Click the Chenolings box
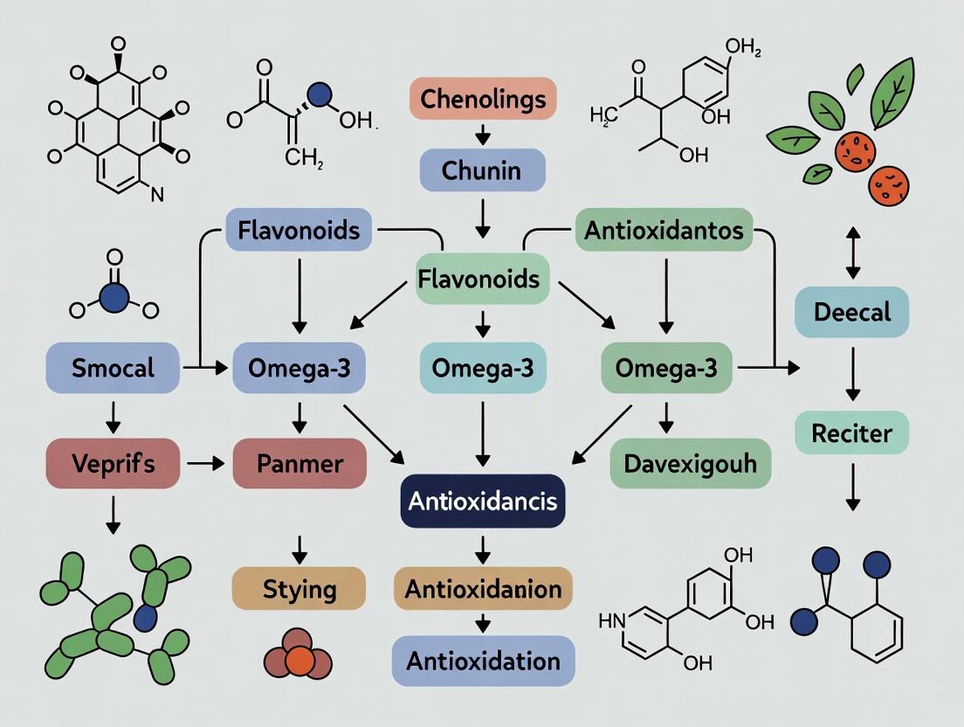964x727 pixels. [482, 99]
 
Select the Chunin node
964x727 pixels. [482, 170]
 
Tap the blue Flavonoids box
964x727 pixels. [299, 230]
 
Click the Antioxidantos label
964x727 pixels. [664, 230]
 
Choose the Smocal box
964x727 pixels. [113, 367]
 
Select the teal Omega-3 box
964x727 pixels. [482, 367]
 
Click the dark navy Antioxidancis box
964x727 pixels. [482, 502]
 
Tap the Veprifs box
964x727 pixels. [113, 463]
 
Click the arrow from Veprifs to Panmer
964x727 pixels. [205, 463]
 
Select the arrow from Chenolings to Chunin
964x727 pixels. [482, 135]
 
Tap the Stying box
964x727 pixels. [299, 588]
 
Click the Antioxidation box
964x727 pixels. [483, 660]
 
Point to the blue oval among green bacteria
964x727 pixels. [146, 618]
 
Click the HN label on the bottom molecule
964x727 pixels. [611, 621]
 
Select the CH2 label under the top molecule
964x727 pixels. [304, 158]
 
